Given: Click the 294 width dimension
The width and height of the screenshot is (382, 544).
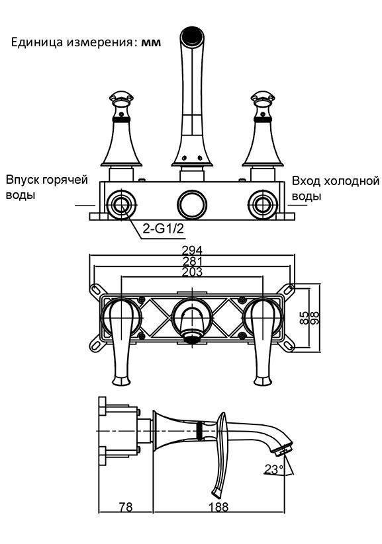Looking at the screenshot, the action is (192, 251).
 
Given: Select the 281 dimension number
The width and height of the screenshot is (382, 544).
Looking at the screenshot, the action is (192, 261).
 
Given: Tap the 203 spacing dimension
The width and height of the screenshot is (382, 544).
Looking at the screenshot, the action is (192, 272).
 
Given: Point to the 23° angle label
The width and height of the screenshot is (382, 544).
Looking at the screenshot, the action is (274, 469).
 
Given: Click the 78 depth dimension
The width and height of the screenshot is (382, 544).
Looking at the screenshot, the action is (126, 507).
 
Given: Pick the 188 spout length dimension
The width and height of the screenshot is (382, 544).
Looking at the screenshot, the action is (218, 507).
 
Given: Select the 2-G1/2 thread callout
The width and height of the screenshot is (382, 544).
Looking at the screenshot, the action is (164, 229).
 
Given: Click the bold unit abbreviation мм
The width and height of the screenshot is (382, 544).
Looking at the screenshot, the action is (151, 43).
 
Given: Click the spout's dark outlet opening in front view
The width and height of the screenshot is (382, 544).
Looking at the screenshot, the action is (191, 36).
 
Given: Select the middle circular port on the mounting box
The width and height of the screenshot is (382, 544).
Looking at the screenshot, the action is (191, 205).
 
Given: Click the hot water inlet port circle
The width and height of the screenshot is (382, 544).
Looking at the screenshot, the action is (121, 205).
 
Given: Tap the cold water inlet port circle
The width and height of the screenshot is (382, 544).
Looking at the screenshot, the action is (263, 205).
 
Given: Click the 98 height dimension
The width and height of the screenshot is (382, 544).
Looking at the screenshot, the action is (314, 318).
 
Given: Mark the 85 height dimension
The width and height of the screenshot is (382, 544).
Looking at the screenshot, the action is (304, 318).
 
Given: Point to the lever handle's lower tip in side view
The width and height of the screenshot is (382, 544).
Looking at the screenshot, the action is (216, 492).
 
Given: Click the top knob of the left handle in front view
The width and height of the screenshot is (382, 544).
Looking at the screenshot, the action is (121, 98).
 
